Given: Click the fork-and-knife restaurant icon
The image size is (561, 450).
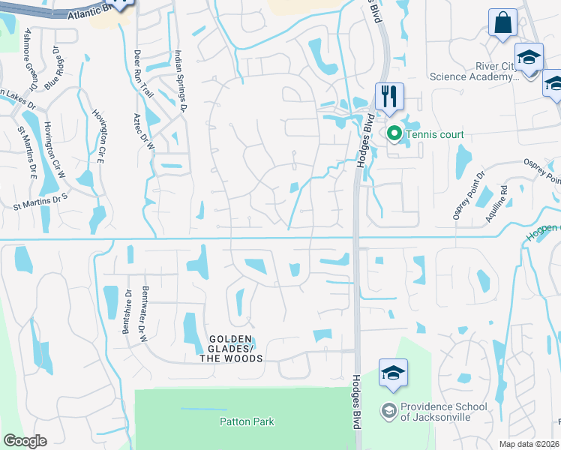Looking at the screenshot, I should [x=389, y=96].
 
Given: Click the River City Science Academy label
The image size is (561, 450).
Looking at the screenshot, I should [x=472, y=70].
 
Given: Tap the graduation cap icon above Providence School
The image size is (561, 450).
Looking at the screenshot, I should [x=394, y=373].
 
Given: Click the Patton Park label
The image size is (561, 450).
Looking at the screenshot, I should [x=247, y=421].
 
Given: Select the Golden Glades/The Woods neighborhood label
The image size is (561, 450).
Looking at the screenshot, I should [x=231, y=349].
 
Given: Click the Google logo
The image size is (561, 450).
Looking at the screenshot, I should [x=24, y=440].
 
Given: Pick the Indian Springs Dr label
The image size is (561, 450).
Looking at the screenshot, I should [x=180, y=79].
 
